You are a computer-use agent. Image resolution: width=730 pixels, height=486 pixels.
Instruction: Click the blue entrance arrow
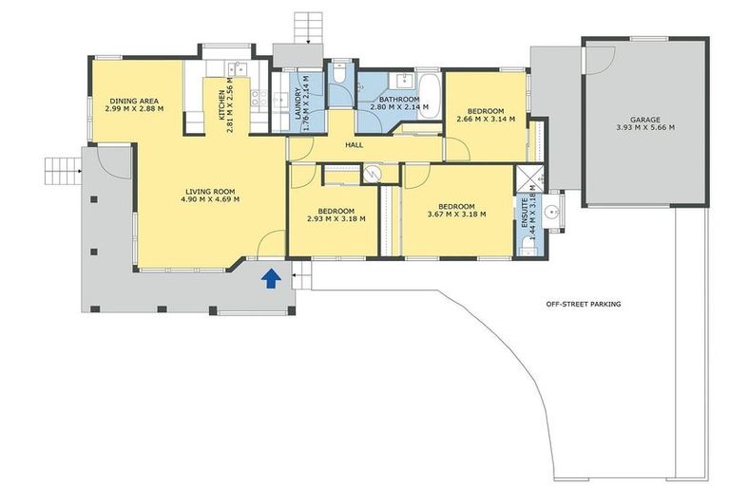pos(271,277)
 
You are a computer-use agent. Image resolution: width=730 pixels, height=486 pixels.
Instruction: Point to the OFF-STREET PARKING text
pos(584,305)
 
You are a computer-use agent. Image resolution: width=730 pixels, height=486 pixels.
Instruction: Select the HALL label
pos(355,145)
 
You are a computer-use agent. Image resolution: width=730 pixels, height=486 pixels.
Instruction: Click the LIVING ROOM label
pos(211,191)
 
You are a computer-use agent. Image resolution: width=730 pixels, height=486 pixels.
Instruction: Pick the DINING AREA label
pos(134,101)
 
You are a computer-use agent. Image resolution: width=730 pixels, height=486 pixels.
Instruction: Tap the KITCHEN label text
pos(221,106)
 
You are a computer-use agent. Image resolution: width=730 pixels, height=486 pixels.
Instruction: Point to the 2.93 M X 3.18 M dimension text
pos(336,219)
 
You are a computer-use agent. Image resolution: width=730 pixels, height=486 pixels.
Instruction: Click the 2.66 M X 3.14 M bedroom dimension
pos(485,120)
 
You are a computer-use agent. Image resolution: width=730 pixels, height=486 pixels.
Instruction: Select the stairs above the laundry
pos(310,28)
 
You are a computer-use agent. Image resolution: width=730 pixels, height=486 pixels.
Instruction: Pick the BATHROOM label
pos(399,100)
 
